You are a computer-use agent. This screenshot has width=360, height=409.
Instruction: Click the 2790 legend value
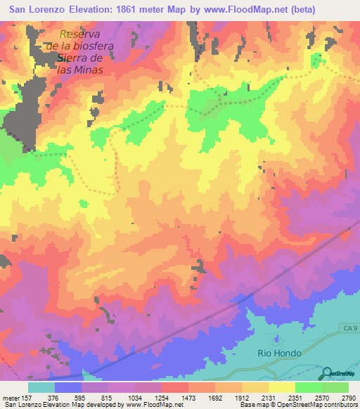348,398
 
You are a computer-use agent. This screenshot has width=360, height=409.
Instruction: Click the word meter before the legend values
10,398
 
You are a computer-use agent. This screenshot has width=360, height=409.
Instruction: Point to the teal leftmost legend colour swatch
41,387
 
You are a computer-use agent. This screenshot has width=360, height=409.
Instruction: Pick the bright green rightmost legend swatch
335,387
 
